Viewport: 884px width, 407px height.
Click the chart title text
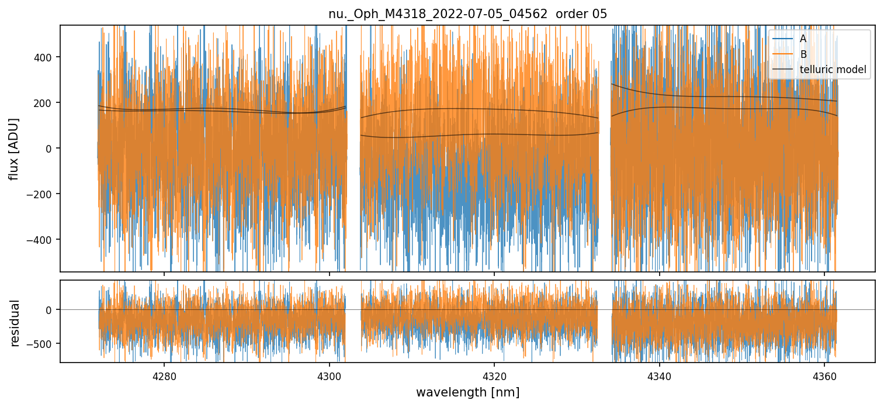[x=467, y=14]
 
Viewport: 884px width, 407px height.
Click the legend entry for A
[x=803, y=39]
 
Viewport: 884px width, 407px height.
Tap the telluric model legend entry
[x=833, y=70]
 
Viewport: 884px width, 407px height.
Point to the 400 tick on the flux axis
[x=44, y=57]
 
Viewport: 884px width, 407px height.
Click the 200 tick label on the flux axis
[x=44, y=103]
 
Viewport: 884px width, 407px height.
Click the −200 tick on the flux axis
[x=41, y=194]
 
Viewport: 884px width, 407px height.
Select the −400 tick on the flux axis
[x=41, y=240]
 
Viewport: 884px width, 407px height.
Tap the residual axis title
[x=15, y=323]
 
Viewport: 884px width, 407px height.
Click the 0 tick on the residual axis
[x=50, y=310]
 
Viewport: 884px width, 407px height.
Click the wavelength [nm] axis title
[x=467, y=392]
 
